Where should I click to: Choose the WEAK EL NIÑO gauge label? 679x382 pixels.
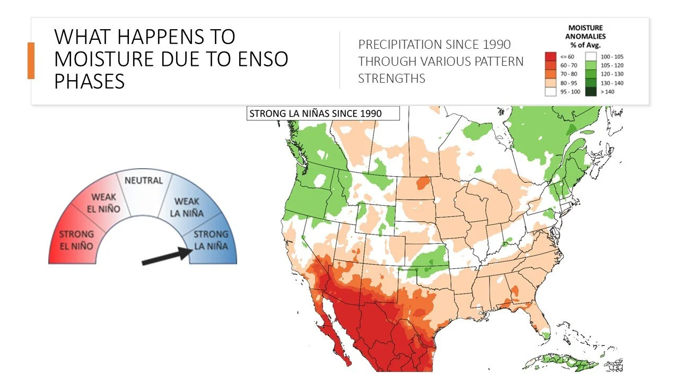tap(103, 203)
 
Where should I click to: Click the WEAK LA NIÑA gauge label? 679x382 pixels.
tap(187, 207)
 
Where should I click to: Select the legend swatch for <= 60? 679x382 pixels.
tap(551, 56)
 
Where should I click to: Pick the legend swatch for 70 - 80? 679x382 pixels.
tap(551, 74)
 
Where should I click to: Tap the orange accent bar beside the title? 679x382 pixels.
tap(31, 60)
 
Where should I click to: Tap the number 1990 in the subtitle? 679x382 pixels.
tap(491, 45)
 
